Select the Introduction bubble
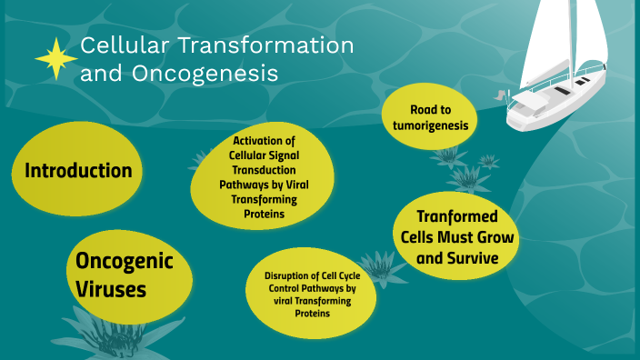[x=78, y=171]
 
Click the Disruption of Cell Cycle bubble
[x=311, y=294]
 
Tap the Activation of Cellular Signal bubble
[x=265, y=178]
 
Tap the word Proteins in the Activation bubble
[x=265, y=215]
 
